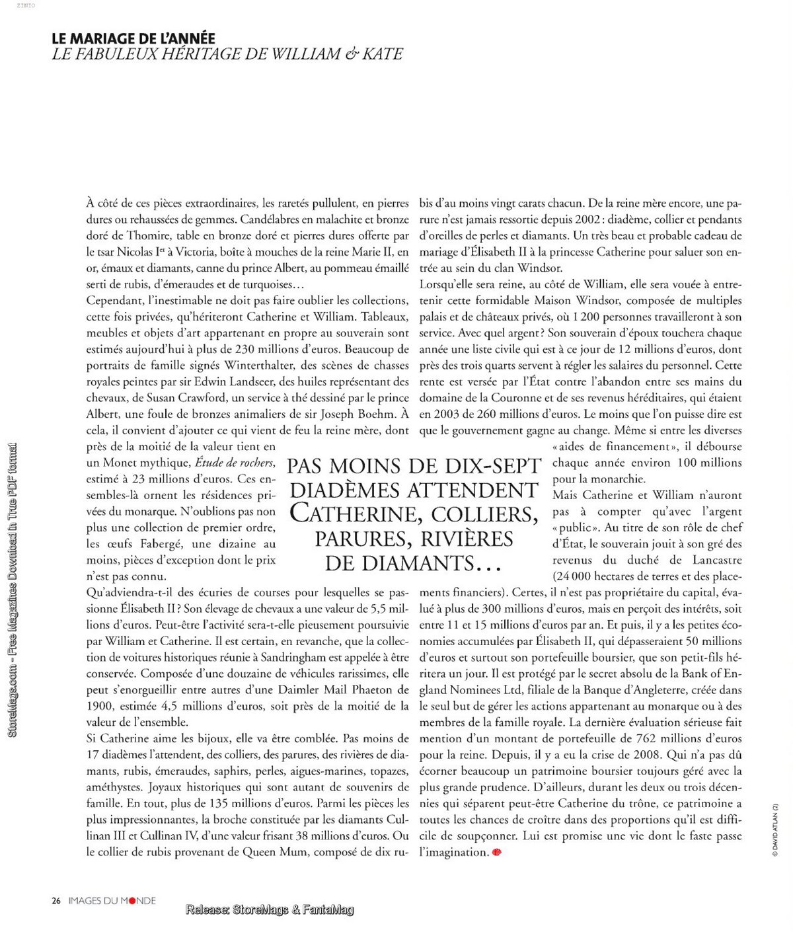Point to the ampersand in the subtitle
coord(350,54)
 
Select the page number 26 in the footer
coord(56,900)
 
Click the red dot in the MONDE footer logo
coord(132,900)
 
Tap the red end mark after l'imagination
coord(497,853)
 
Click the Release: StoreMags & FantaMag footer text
coord(270,910)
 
